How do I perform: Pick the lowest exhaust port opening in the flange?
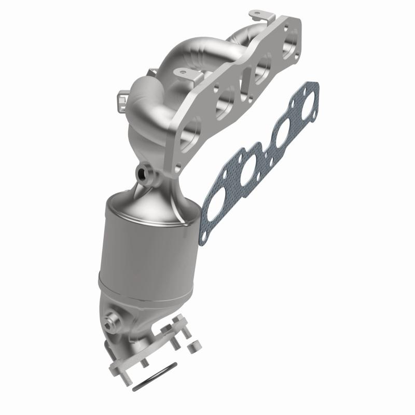pos(190,129)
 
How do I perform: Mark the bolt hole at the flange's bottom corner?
pos(178,166)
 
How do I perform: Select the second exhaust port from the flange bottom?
pos(226,97)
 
